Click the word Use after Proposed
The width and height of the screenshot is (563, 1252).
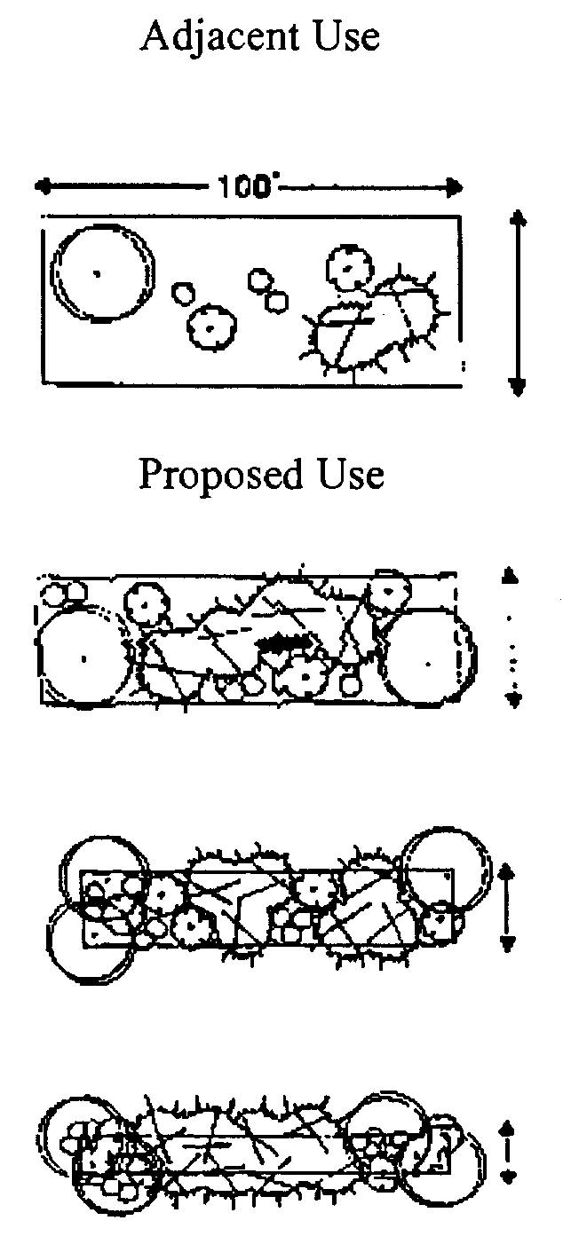click(x=349, y=475)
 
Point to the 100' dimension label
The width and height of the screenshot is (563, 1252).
click(x=246, y=187)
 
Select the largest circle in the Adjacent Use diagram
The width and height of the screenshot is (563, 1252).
click(x=101, y=272)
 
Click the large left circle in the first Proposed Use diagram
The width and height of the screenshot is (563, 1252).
click(x=83, y=657)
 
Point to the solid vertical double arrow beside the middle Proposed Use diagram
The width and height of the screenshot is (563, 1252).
click(x=507, y=908)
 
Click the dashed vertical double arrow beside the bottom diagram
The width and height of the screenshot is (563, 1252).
click(x=508, y=1151)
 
